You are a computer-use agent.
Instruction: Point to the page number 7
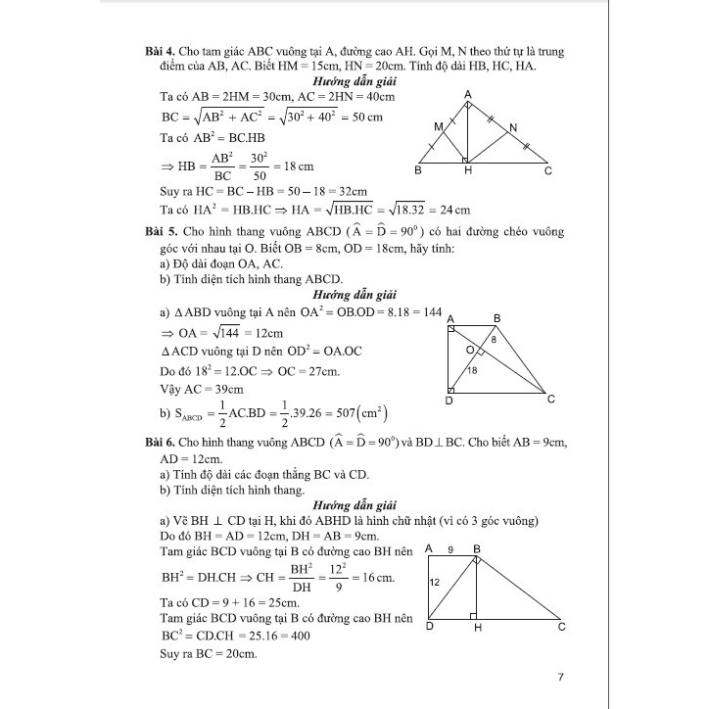[559, 677]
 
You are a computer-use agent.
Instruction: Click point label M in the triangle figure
[438, 128]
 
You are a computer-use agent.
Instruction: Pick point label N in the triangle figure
[514, 128]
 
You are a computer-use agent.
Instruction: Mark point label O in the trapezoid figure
[470, 350]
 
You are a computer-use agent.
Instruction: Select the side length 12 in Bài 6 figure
[434, 581]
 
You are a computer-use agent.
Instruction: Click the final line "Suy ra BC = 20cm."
[208, 654]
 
